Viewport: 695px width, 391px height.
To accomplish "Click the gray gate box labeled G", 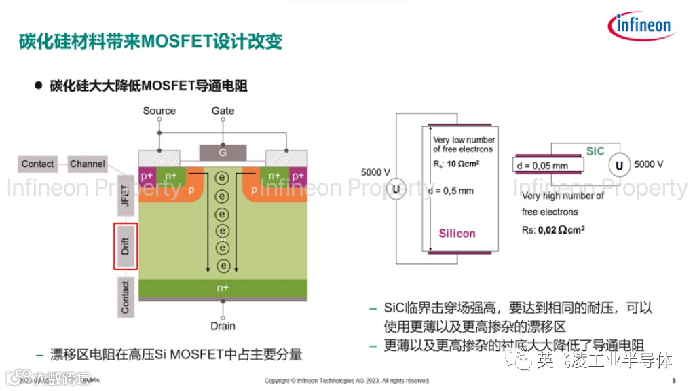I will point(222,153).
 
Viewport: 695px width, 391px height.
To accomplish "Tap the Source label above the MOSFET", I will point(159,111).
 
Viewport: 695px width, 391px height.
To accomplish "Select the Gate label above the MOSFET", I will point(223,111).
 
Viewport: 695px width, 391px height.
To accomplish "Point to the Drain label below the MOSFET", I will point(223,326).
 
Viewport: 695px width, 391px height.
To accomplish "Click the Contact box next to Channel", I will point(38,164).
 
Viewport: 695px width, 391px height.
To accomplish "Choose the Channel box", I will point(88,164).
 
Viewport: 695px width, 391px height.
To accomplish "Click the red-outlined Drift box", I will point(125,246).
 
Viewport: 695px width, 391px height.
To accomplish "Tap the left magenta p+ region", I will point(147,176).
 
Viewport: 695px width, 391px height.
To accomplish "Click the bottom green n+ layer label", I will point(222,288).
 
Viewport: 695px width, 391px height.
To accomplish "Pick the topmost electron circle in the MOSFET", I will point(221,178).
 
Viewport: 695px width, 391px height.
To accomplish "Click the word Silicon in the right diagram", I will point(457,234).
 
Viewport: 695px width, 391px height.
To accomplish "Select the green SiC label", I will point(595,151).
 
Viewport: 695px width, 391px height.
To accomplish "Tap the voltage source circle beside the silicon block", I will point(396,189).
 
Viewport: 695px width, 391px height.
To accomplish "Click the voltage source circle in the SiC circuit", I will point(619,165).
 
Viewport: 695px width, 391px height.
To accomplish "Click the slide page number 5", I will point(673,380).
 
